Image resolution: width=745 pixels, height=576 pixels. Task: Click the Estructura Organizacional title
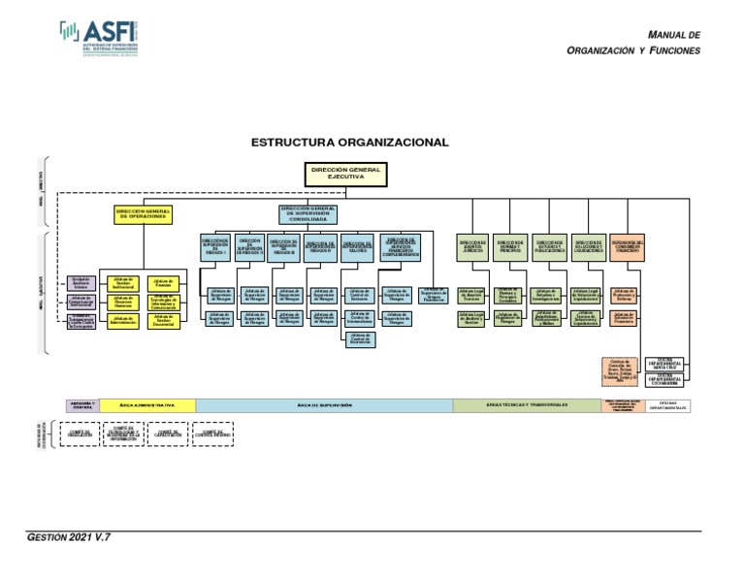click(350, 143)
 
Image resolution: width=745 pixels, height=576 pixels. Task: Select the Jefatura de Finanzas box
click(163, 283)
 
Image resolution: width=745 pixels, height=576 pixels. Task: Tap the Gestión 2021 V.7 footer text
click(69, 536)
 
